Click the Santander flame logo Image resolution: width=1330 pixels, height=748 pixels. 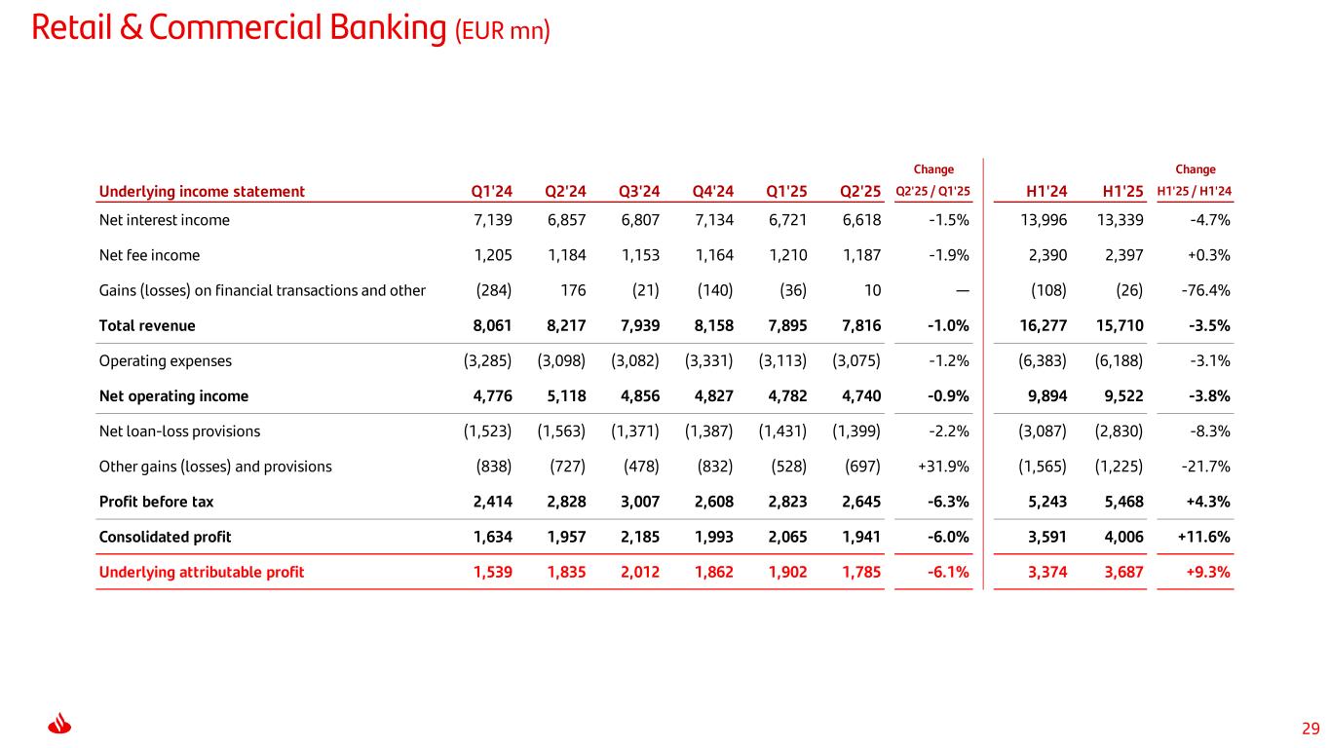(60, 726)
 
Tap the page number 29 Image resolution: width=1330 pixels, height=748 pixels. (1311, 728)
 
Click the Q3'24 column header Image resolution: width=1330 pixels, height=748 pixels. (639, 192)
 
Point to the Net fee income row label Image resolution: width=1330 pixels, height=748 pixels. (149, 255)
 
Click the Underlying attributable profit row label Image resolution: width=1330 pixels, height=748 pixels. (202, 572)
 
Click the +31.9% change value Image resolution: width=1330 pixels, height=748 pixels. (943, 467)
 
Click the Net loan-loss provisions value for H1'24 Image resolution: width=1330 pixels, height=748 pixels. (1042, 430)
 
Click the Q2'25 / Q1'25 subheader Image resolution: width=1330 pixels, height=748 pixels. (932, 192)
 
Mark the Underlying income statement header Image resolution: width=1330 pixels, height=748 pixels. (202, 192)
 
